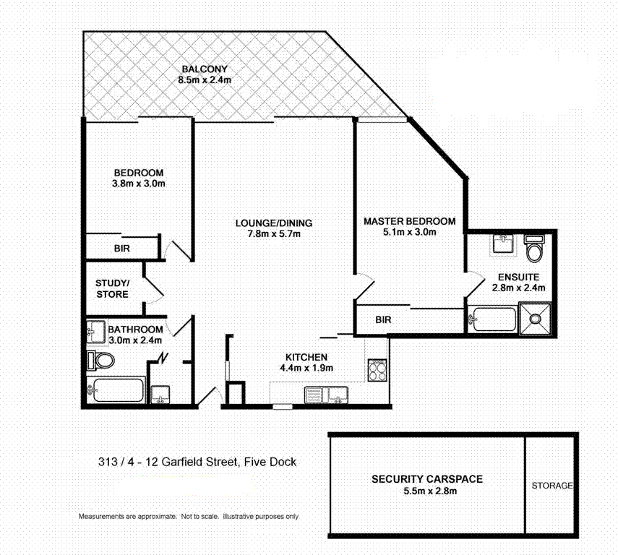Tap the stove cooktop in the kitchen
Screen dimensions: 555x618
pyautogui.click(x=377, y=371)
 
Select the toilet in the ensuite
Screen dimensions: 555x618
pyautogui.click(x=534, y=250)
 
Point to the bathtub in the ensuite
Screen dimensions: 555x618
pyautogui.click(x=492, y=318)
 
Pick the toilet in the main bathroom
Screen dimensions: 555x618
pyautogui.click(x=100, y=360)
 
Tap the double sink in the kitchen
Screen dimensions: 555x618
pyautogui.click(x=326, y=395)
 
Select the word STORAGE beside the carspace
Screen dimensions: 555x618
pyautogui.click(x=552, y=486)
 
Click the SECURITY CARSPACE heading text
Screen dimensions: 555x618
pyautogui.click(x=426, y=479)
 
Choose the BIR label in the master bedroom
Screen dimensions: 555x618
pyautogui.click(x=384, y=319)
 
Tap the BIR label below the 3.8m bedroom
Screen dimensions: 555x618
pyautogui.click(x=122, y=248)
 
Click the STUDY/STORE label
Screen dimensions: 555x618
pyautogui.click(x=112, y=288)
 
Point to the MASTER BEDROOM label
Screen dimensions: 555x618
pyautogui.click(x=409, y=221)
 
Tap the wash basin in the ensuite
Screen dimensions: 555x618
pyautogui.click(x=502, y=244)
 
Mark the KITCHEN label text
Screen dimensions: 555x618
pyautogui.click(x=307, y=357)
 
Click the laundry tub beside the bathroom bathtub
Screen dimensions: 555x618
pyautogui.click(x=161, y=395)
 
